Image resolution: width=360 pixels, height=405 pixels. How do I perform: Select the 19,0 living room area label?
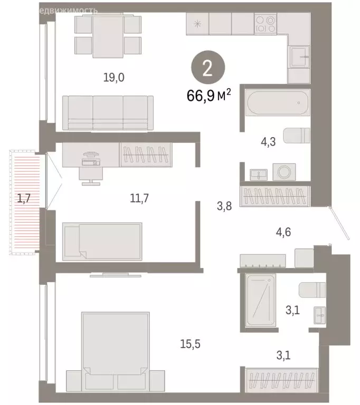coord(113,78)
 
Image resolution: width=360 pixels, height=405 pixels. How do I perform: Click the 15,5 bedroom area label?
coord(190,344)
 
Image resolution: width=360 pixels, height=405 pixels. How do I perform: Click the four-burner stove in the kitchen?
coord(265,24)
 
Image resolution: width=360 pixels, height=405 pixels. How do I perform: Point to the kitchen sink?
coord(298,55)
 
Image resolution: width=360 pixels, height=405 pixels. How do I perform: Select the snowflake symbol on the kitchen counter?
coord(197,24)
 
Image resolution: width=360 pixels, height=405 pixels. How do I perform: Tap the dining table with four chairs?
coord(108,35)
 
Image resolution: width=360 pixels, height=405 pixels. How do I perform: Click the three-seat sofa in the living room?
coord(108,112)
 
